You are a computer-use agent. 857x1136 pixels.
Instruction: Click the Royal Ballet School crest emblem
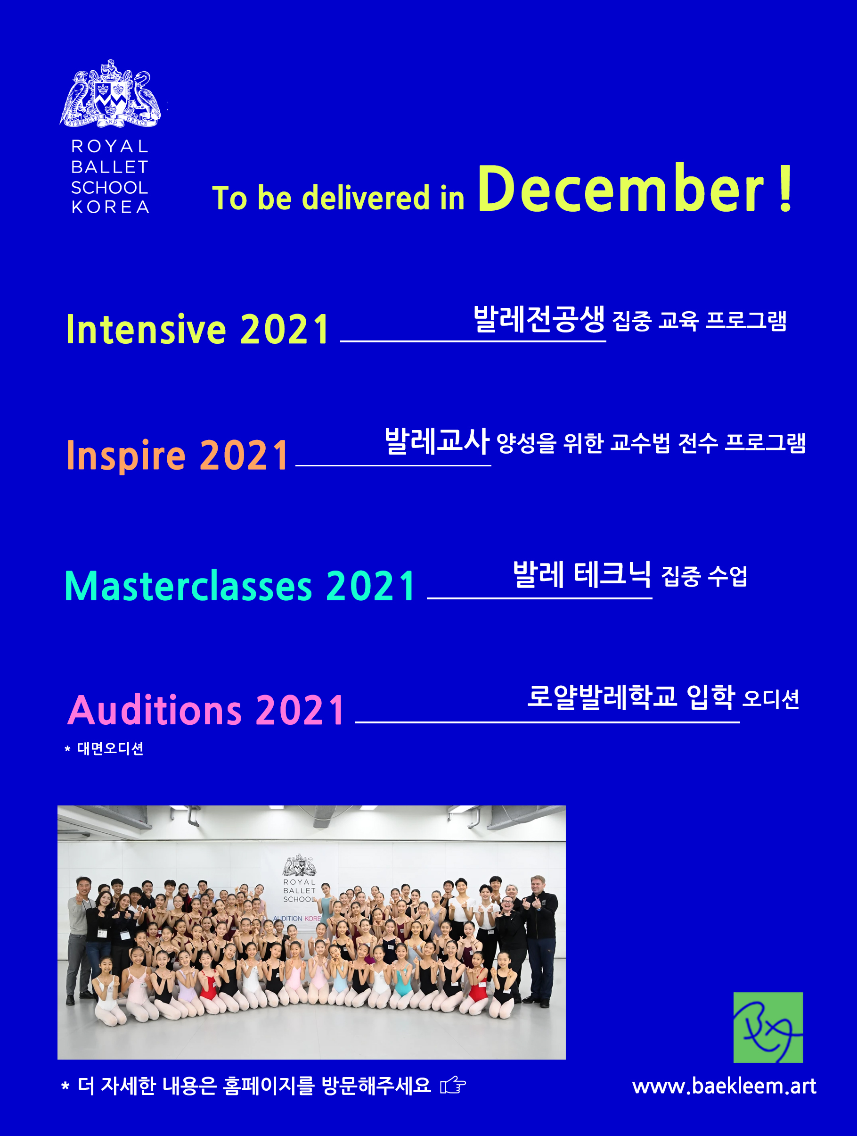click(x=110, y=93)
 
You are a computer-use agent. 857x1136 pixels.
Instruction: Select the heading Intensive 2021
click(x=197, y=329)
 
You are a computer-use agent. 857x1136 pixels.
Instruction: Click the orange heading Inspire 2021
click(x=178, y=455)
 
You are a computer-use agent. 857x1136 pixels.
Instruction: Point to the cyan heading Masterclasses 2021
click(x=240, y=586)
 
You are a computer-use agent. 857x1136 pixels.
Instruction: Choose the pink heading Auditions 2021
click(x=206, y=710)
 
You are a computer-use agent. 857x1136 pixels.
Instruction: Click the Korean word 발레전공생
click(x=539, y=319)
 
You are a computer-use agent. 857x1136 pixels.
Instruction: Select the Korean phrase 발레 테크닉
click(x=582, y=574)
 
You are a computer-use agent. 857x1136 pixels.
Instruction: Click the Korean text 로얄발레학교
click(x=603, y=697)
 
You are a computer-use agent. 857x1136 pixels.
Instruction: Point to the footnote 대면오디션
click(x=110, y=748)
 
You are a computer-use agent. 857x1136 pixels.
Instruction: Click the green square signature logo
click(x=767, y=1028)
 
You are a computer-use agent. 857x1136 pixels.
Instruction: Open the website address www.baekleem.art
click(x=724, y=1086)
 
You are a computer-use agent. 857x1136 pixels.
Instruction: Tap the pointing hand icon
click(x=453, y=1086)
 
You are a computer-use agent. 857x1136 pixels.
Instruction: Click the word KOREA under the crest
click(x=110, y=207)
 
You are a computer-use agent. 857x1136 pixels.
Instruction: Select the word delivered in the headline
click(x=366, y=198)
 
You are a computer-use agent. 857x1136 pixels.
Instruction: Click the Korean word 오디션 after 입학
click(x=771, y=699)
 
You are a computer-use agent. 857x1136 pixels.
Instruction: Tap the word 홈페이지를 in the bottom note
click(x=269, y=1086)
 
